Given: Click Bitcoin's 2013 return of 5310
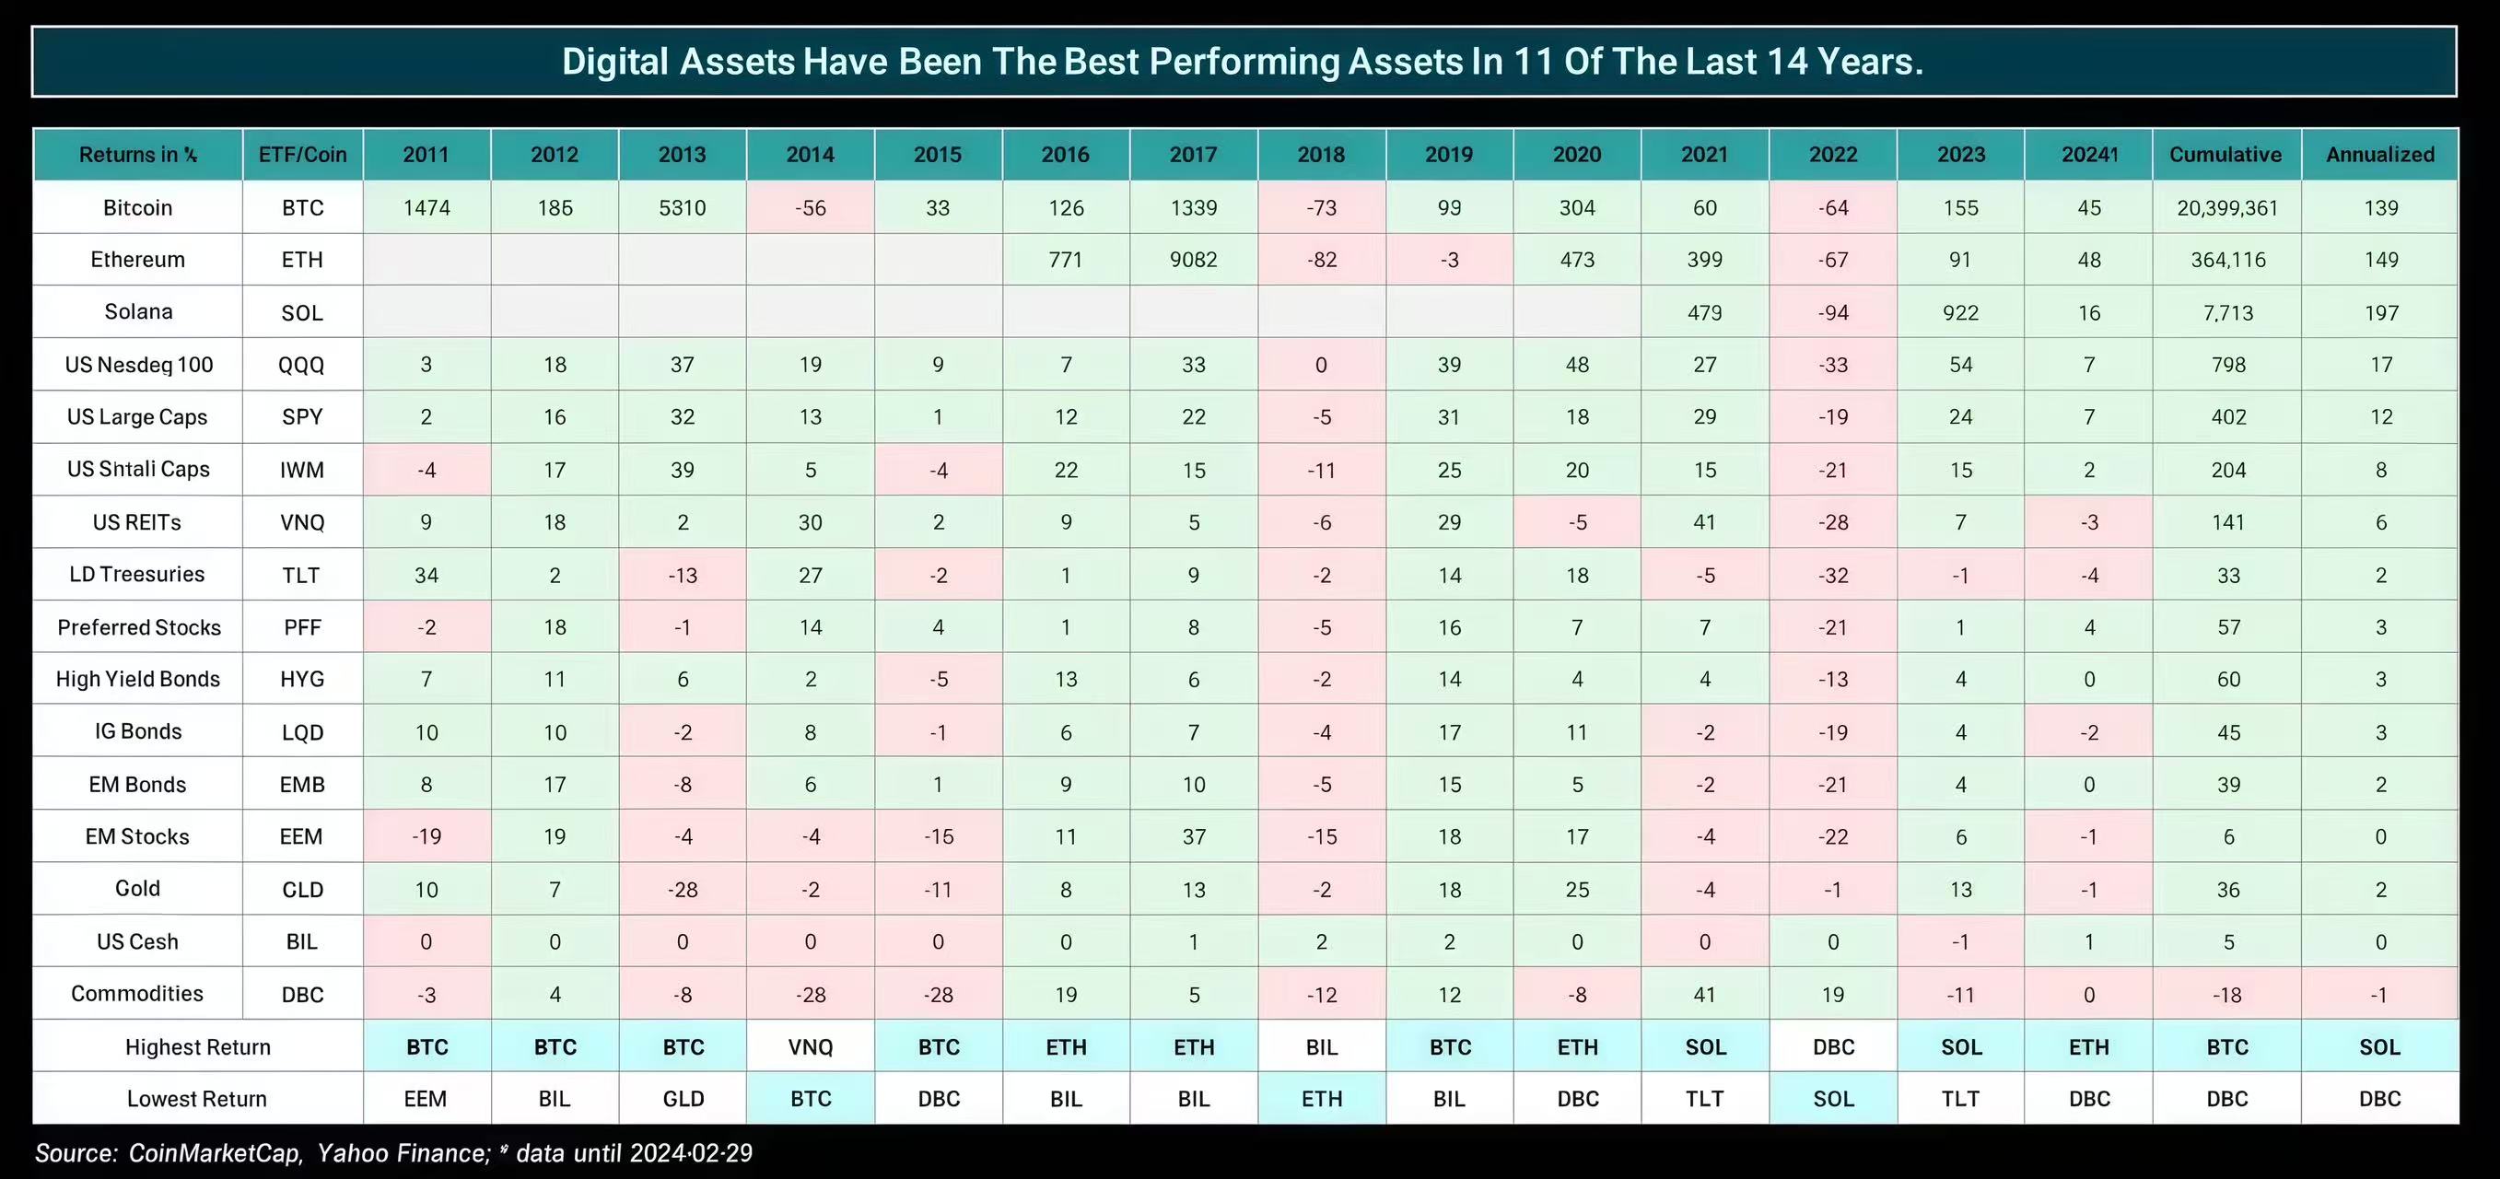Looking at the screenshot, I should pyautogui.click(x=683, y=207).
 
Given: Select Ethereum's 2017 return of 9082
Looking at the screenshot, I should pyautogui.click(x=1193, y=260).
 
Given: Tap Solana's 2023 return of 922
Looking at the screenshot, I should pyautogui.click(x=1960, y=312).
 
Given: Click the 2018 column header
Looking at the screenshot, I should pyautogui.click(x=1321, y=155).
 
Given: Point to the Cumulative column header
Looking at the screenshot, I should pyautogui.click(x=2225, y=155).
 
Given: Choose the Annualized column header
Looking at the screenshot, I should pyautogui.click(x=2379, y=155).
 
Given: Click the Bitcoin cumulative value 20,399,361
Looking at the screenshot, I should pyautogui.click(x=2226, y=207).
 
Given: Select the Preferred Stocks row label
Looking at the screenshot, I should pyautogui.click(x=139, y=628).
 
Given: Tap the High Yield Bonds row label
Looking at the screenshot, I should pyautogui.click(x=138, y=679).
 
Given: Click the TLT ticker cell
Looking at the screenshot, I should pyautogui.click(x=301, y=576).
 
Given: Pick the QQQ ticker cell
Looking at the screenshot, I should pyautogui.click(x=302, y=365).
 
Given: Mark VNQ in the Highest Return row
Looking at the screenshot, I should pyautogui.click(x=811, y=1047).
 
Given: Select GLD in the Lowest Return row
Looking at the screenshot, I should pyautogui.click(x=683, y=1099).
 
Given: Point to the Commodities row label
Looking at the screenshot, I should pyautogui.click(x=137, y=994).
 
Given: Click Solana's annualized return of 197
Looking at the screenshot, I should pyautogui.click(x=2380, y=312).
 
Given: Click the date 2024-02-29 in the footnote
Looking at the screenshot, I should pyautogui.click(x=690, y=1153).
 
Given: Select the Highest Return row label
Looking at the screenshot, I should pyautogui.click(x=198, y=1047).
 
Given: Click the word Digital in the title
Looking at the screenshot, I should pyautogui.click(x=615, y=62).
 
